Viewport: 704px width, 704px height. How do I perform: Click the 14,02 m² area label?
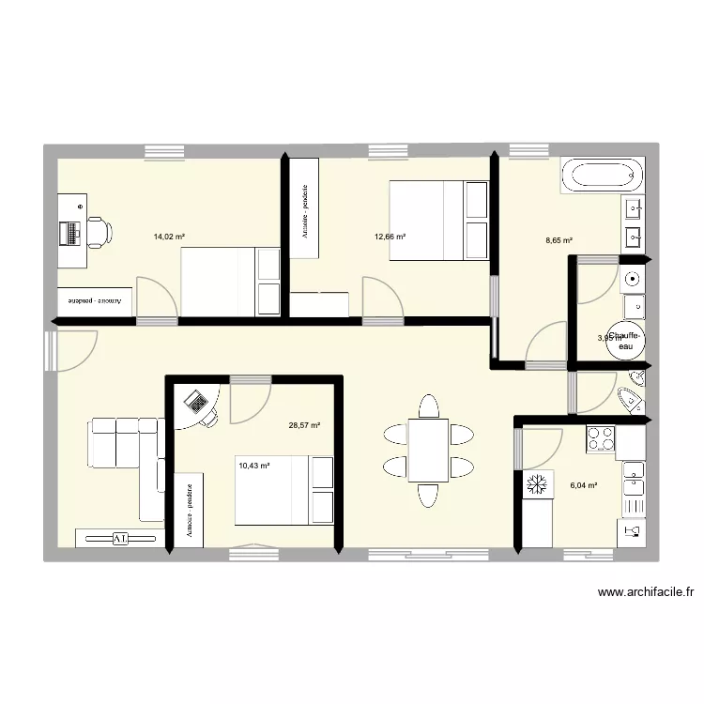[x=170, y=237]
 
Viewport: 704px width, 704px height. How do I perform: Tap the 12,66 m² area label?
[x=390, y=237]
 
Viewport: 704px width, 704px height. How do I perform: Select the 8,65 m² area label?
[x=559, y=240]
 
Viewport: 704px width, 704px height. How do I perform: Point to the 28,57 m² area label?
[x=304, y=425]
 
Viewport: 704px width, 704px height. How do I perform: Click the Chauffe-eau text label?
[x=624, y=341]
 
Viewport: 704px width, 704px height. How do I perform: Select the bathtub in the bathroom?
[x=603, y=176]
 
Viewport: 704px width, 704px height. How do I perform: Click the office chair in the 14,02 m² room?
[x=99, y=231]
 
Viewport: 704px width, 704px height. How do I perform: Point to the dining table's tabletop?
[x=428, y=451]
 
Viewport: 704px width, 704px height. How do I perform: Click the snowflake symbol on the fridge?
[x=539, y=484]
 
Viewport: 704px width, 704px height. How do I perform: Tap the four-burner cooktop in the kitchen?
[x=600, y=436]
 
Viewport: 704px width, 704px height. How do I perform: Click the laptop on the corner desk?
[x=197, y=403]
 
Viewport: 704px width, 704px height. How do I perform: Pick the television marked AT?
[x=120, y=539]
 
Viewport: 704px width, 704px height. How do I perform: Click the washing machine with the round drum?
[x=634, y=279]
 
